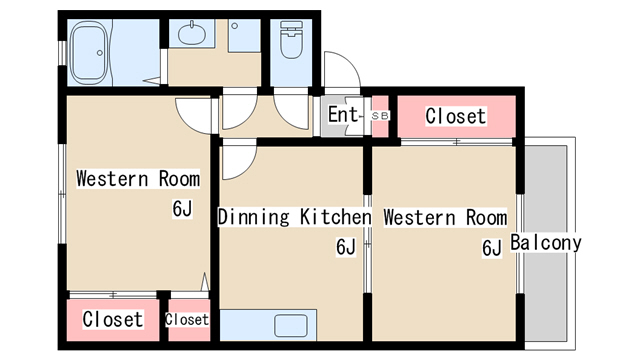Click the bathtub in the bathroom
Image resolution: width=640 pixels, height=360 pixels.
(89, 53)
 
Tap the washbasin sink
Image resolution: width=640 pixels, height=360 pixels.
(191, 33)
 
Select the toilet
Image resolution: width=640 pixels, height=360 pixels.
(291, 40)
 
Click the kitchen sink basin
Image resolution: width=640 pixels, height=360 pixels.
(291, 325)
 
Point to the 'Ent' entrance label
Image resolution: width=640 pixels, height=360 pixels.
(343, 114)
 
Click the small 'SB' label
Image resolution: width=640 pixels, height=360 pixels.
(380, 116)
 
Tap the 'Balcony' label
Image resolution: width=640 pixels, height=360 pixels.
(546, 243)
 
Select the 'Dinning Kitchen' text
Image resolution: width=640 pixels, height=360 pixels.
(294, 217)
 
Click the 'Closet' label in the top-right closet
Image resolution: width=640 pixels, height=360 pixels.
(456, 116)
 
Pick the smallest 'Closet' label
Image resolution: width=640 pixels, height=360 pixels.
(187, 319)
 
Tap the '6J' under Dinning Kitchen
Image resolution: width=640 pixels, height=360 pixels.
(346, 247)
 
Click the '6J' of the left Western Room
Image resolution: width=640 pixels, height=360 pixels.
(182, 209)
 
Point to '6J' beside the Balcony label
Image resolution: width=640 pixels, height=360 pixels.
(492, 248)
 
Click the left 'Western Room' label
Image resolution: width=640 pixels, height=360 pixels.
(138, 179)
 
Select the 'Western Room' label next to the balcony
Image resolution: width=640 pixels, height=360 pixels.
(445, 217)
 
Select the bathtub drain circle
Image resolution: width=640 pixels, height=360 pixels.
(100, 53)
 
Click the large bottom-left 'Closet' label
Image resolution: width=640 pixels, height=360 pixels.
(113, 319)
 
